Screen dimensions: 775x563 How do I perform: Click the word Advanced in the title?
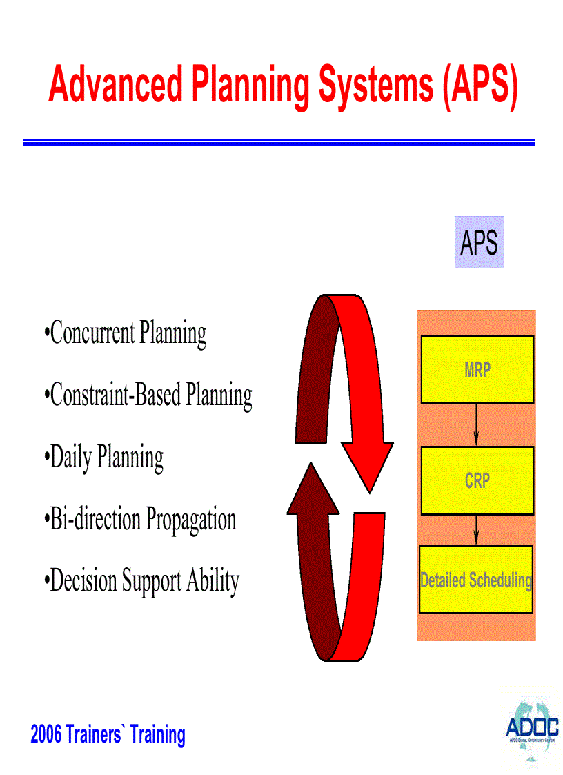pyautogui.click(x=115, y=85)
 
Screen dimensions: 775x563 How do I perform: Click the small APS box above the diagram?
pyautogui.click(x=479, y=242)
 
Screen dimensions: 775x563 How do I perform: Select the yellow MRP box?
pyautogui.click(x=477, y=370)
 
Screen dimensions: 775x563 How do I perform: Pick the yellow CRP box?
pyautogui.click(x=477, y=480)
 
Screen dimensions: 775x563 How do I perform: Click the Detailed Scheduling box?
pyautogui.click(x=476, y=580)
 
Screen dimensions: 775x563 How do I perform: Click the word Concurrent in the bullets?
pyautogui.click(x=92, y=333)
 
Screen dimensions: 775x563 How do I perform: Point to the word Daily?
pyautogui.click(x=72, y=458)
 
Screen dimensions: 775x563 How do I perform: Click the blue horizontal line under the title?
pyautogui.click(x=279, y=143)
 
